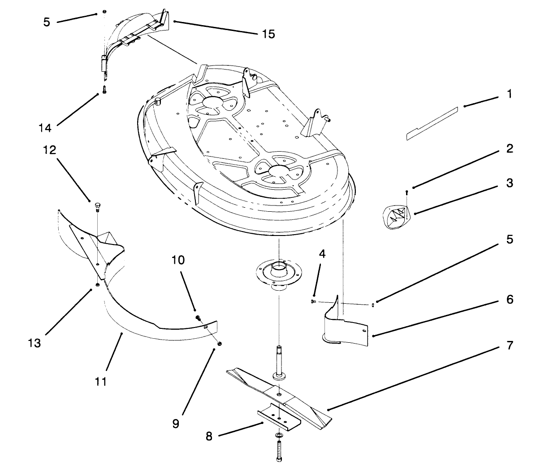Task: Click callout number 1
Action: [x=509, y=94]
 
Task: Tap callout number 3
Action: [x=509, y=183]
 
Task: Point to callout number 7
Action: [x=509, y=345]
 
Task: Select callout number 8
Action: [x=209, y=436]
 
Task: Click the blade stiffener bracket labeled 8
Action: [x=278, y=416]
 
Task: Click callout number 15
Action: [x=268, y=34]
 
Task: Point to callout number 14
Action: [x=45, y=128]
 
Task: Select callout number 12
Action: [x=49, y=150]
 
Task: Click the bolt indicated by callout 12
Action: [x=97, y=206]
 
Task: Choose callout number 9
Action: [x=176, y=423]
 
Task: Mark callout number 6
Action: [x=509, y=299]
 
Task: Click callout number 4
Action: [x=322, y=254]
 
